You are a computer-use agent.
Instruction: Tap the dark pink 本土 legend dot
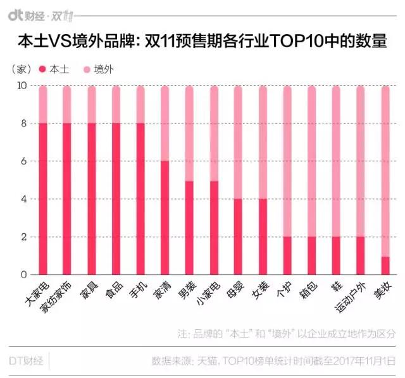click(x=42, y=68)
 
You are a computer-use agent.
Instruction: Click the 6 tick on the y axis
click(x=25, y=161)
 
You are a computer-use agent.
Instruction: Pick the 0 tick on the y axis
click(x=25, y=275)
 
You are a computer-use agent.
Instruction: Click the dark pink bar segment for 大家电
click(x=43, y=199)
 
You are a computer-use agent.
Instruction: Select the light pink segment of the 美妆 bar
click(x=385, y=171)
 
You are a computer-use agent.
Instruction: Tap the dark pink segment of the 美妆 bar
click(x=385, y=265)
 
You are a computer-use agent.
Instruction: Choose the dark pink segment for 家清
click(x=165, y=218)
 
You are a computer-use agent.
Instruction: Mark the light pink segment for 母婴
click(x=238, y=142)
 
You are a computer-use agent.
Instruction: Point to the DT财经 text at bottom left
click(x=25, y=361)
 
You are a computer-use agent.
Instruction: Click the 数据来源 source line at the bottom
click(x=273, y=361)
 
